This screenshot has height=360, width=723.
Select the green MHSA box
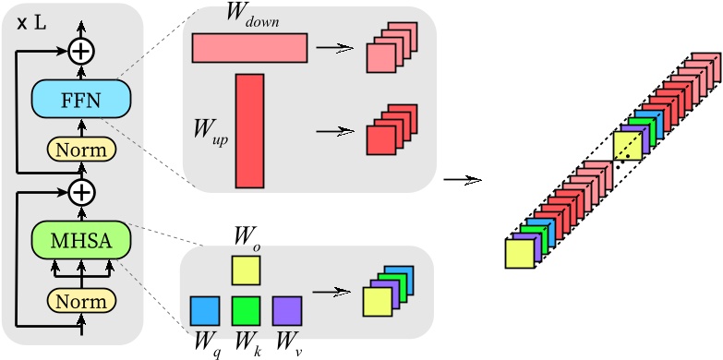(x=81, y=241)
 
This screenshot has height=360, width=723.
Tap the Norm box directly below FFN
(x=81, y=149)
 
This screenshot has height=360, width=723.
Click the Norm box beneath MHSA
(x=81, y=301)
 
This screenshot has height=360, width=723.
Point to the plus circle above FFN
(x=82, y=51)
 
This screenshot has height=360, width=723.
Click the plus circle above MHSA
(x=82, y=192)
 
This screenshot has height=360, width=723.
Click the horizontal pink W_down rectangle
(x=249, y=48)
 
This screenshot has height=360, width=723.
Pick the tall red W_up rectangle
(x=250, y=130)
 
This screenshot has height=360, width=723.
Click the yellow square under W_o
(x=246, y=270)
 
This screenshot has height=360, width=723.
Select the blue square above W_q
(x=205, y=311)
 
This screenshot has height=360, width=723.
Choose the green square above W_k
(x=246, y=311)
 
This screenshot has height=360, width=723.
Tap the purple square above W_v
(x=286, y=311)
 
